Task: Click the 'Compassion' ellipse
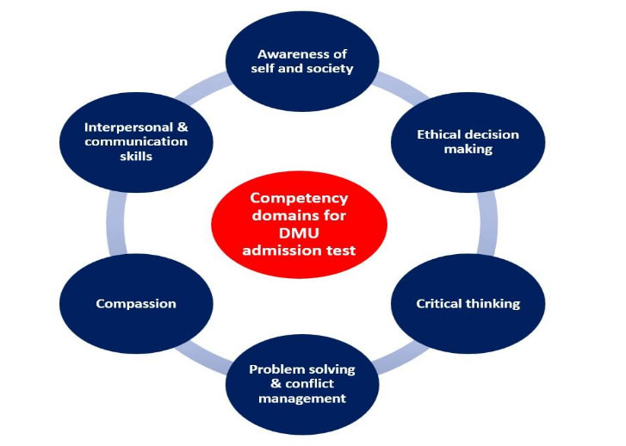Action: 136,303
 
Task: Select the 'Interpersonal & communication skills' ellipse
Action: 136,141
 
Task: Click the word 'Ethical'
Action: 441,135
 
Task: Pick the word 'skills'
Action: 136,157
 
